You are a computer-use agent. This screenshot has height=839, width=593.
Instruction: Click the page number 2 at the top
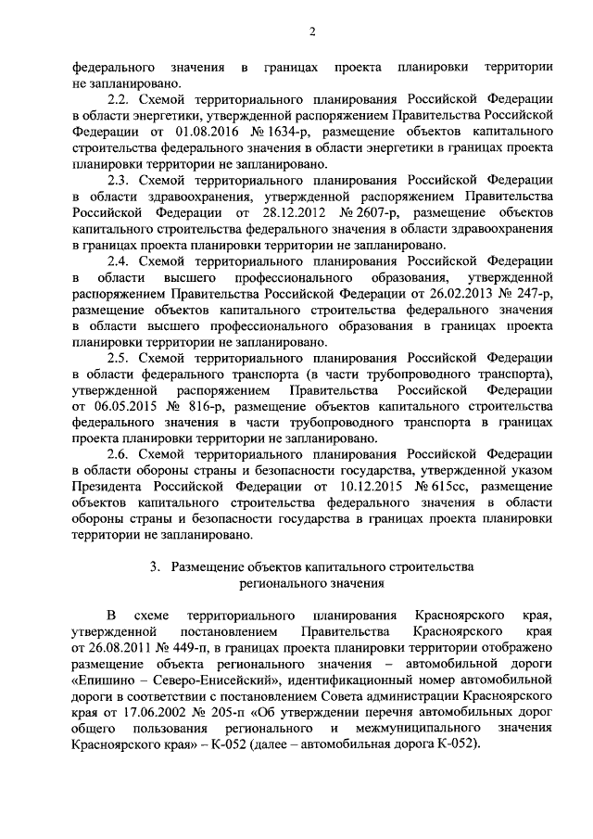click(312, 33)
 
